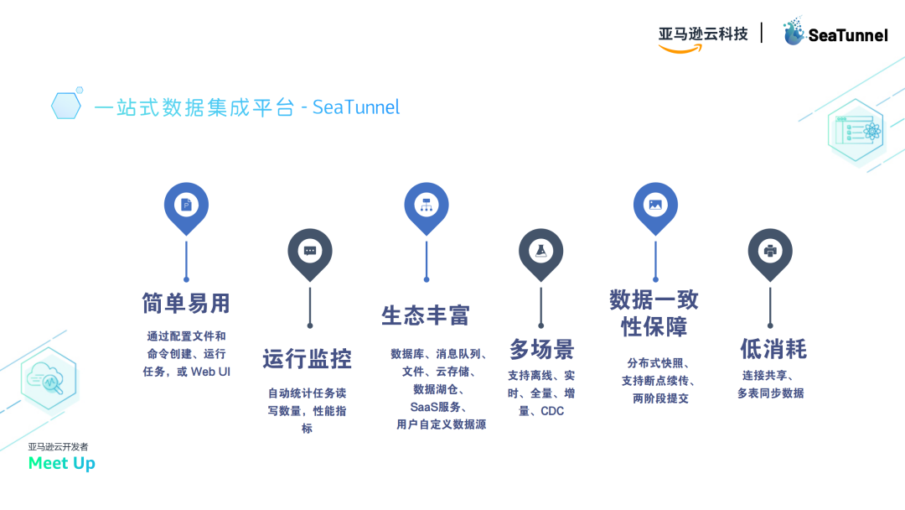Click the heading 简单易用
(186, 303)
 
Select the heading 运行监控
(307, 359)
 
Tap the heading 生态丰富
(426, 315)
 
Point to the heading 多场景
(541, 349)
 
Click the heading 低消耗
(773, 349)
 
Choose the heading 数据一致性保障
(654, 313)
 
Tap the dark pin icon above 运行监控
(310, 251)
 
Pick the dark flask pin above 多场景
(541, 251)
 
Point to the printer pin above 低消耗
(770, 251)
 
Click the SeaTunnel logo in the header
(835, 34)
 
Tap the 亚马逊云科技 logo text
(702, 34)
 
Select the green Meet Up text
(62, 463)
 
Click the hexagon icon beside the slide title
(66, 106)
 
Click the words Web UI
(211, 371)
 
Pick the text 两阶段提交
(660, 398)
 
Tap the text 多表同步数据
(770, 393)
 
